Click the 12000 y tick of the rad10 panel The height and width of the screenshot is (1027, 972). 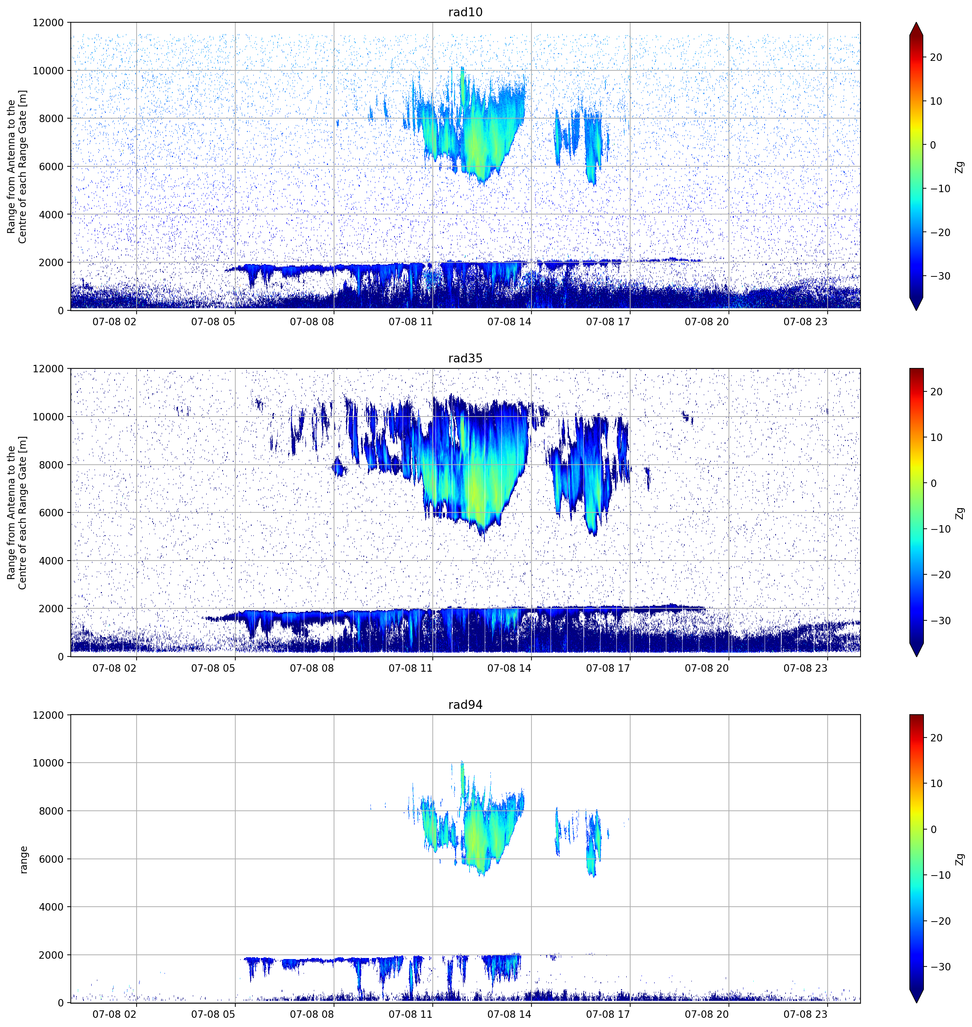[48, 23]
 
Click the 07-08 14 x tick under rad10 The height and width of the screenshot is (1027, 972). [509, 322]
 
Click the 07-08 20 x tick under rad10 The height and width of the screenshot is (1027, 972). [707, 322]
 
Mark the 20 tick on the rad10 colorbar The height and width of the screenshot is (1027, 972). [936, 58]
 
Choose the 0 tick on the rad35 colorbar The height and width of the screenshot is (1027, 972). [934, 483]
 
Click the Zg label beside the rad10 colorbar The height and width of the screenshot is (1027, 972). [960, 167]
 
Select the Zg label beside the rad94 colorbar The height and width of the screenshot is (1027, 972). [960, 859]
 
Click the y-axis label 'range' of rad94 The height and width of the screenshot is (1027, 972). [23, 860]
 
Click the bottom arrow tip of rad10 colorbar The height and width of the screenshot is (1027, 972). [916, 310]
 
